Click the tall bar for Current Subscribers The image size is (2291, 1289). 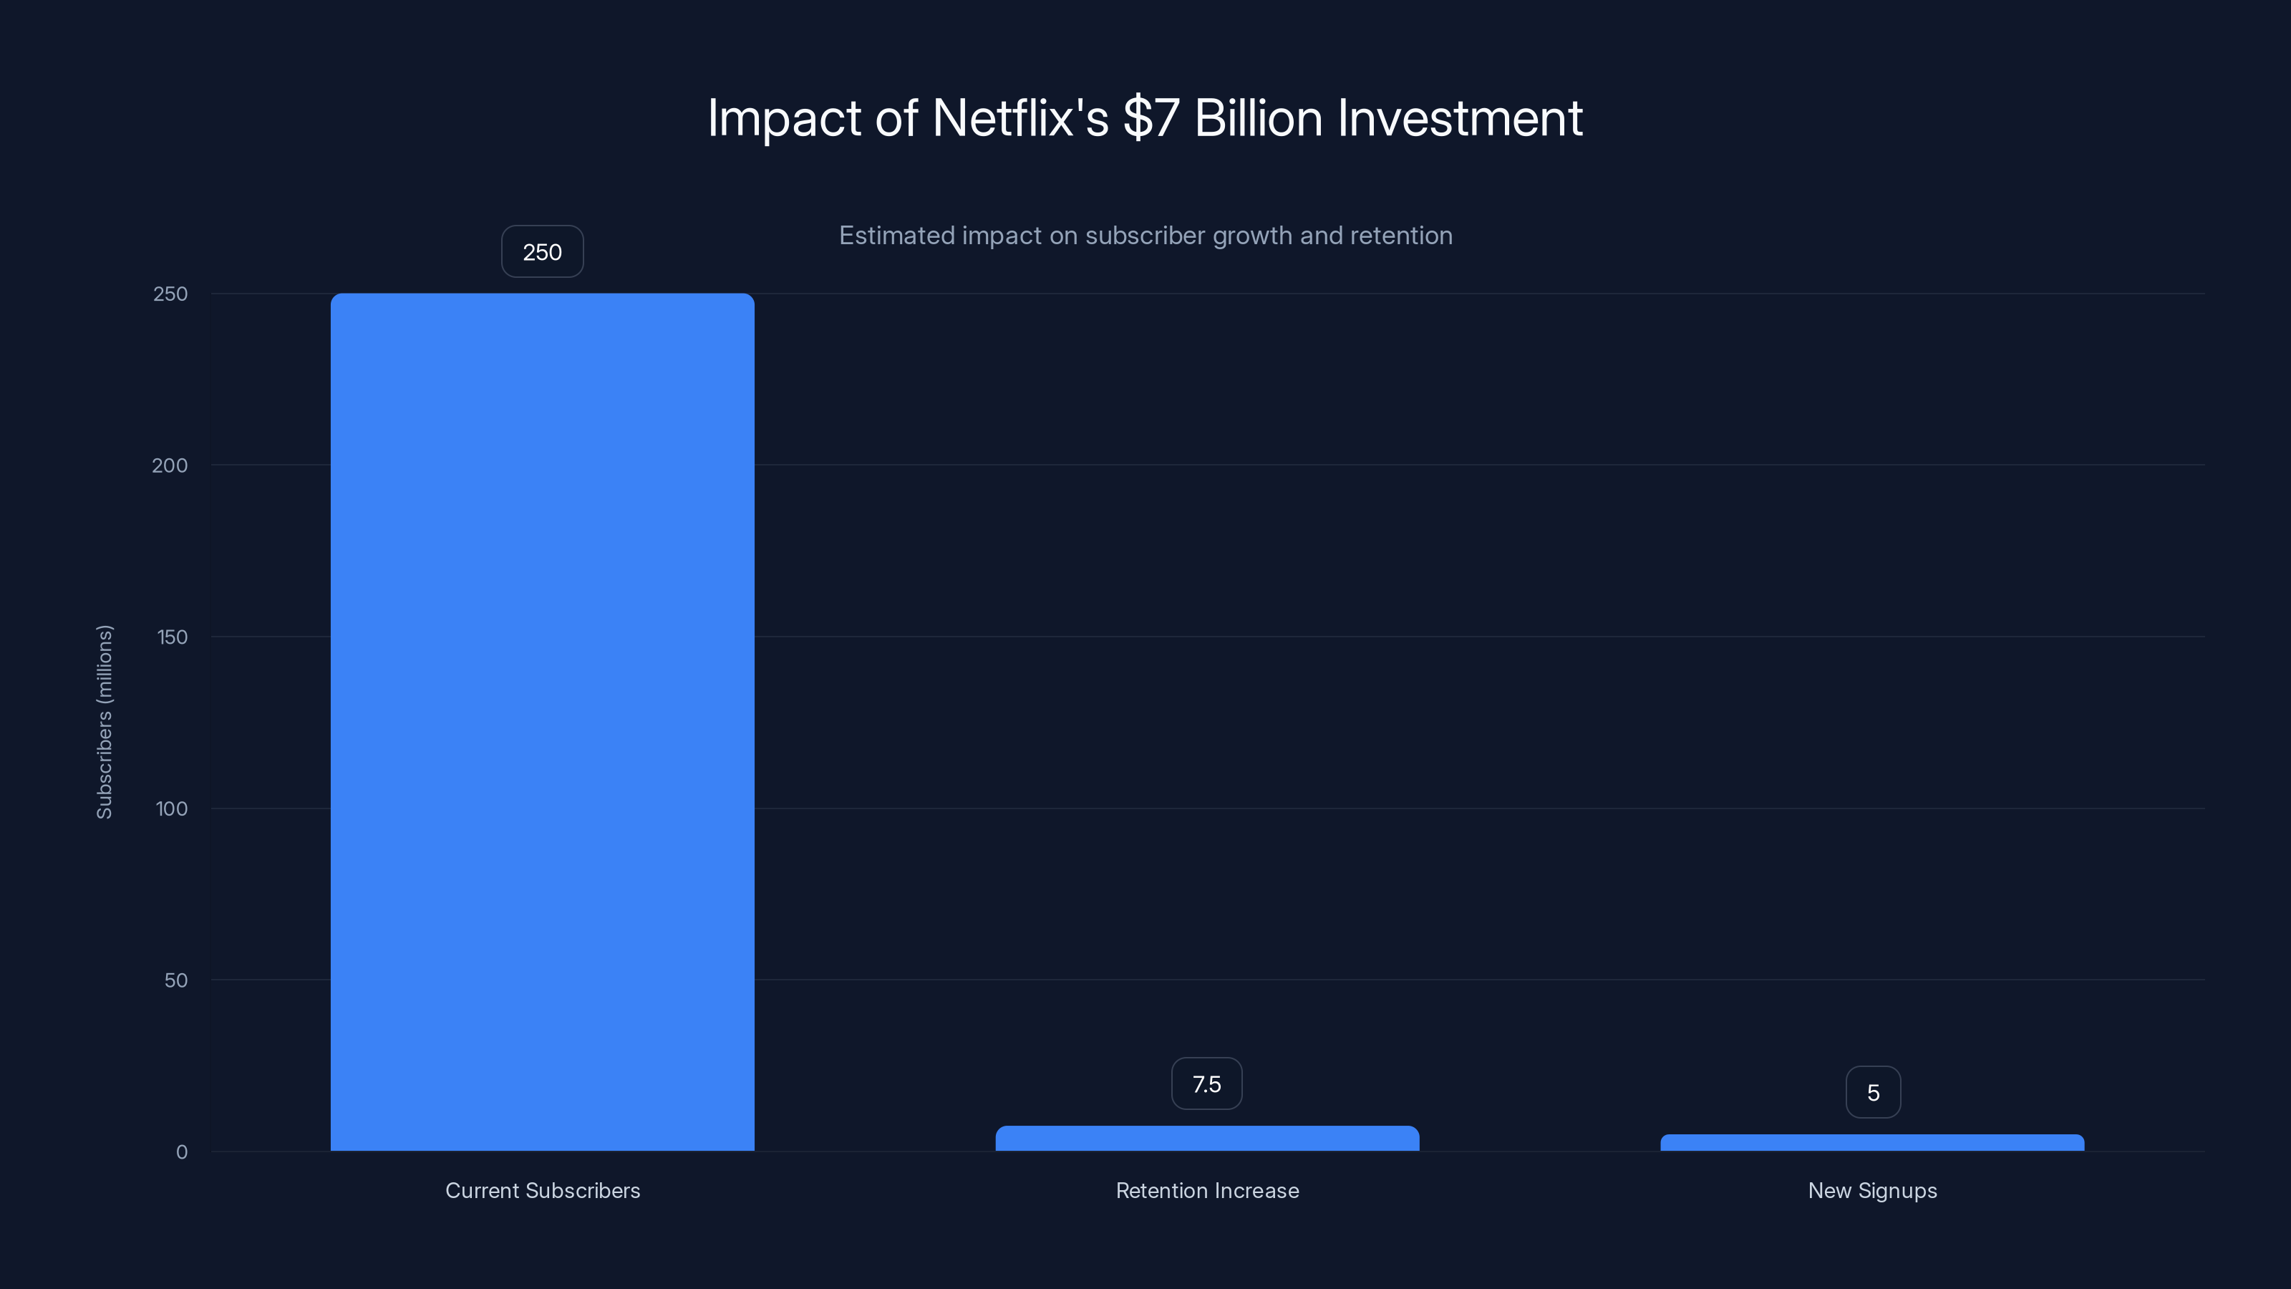click(543, 720)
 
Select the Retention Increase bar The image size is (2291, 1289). click(1207, 1139)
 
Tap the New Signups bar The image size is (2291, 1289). click(1872, 1143)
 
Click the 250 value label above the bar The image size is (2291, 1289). click(543, 252)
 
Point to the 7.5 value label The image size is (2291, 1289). click(1207, 1084)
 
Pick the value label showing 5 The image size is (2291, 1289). click(1873, 1092)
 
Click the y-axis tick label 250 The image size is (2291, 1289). click(171, 294)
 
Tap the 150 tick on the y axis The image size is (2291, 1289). click(172, 637)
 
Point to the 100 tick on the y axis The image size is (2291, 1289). click(172, 808)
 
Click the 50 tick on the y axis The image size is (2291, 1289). click(176, 980)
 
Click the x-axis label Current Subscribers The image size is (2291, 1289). click(543, 1190)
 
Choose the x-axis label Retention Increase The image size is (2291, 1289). click(1207, 1190)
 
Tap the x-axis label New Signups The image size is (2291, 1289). click(1872, 1190)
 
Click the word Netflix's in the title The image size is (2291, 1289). click(1020, 118)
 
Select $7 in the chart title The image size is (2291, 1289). click(1151, 118)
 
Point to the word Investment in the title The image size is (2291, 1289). click(1460, 118)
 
